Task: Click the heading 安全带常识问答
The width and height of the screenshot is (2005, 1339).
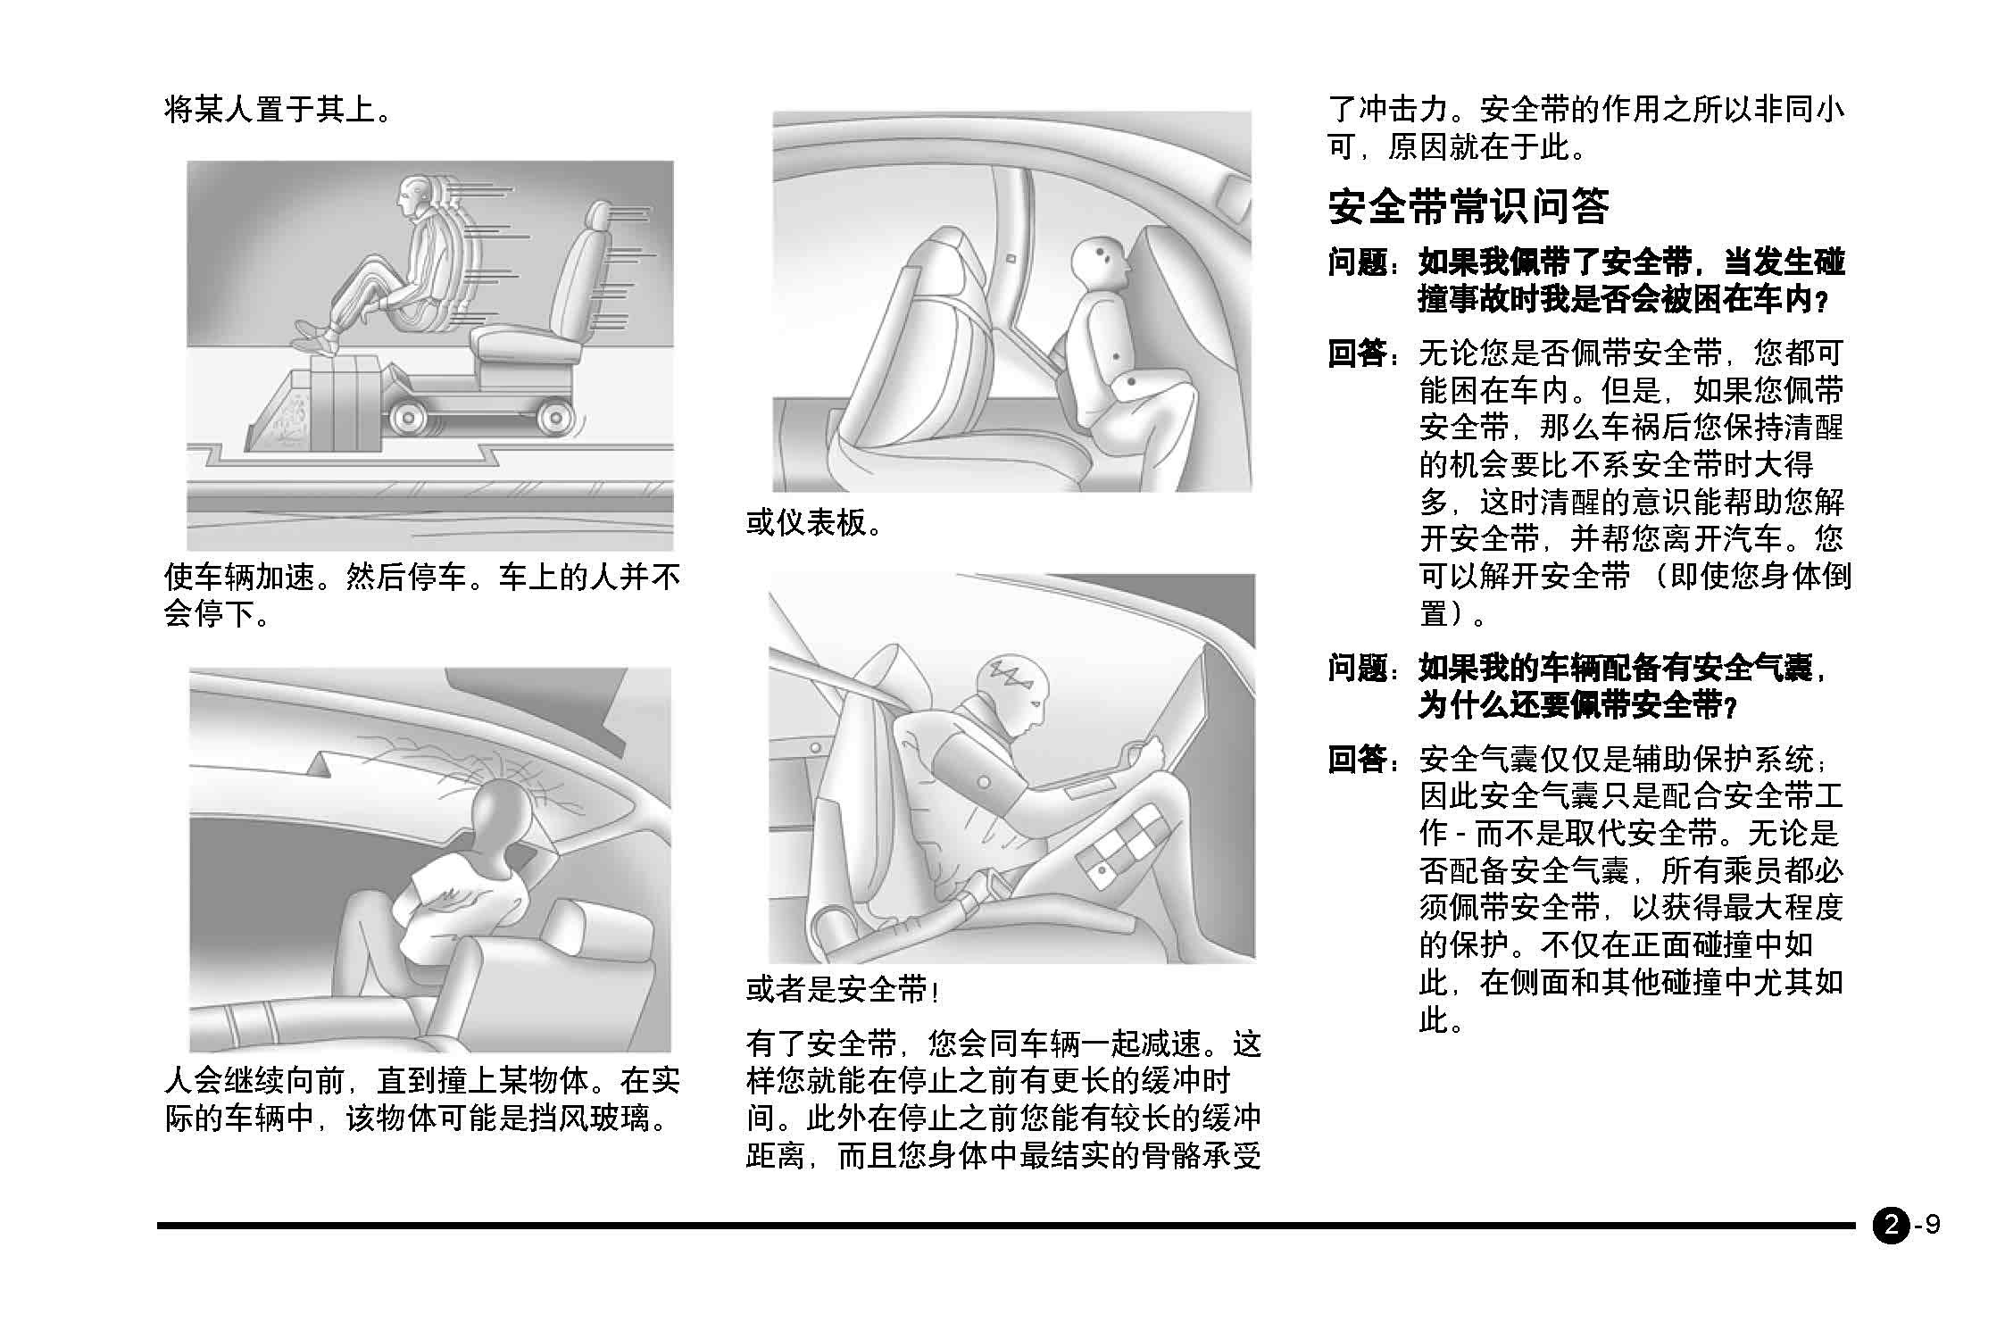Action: tap(1468, 207)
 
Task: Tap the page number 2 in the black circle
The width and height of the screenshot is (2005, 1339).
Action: tap(1890, 1225)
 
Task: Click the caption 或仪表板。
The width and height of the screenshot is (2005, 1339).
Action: tap(815, 523)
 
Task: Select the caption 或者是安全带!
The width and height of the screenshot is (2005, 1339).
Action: tap(842, 990)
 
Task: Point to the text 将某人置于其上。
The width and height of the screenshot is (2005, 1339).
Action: tap(279, 110)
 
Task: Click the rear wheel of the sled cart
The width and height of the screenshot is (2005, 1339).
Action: tap(553, 417)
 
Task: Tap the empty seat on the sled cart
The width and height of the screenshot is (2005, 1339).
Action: tap(545, 295)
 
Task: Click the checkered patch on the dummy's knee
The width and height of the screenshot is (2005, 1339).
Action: tap(1123, 844)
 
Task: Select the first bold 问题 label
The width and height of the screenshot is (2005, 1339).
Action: tap(1358, 263)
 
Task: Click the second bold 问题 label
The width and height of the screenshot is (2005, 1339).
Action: tap(1358, 669)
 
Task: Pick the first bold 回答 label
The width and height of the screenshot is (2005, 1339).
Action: tap(1358, 354)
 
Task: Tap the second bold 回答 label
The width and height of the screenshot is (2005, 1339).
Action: tap(1358, 761)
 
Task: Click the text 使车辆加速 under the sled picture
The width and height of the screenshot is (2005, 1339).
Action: tap(240, 578)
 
